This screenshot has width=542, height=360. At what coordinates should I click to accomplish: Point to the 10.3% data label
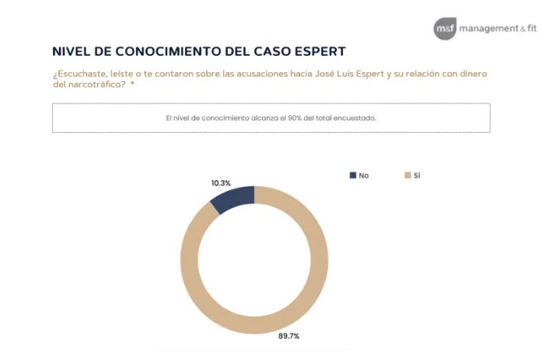[x=222, y=182]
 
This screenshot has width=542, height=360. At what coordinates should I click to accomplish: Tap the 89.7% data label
[x=288, y=336]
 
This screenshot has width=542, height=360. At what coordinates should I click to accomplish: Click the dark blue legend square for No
[x=352, y=176]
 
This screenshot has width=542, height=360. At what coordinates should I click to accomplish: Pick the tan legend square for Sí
[x=406, y=176]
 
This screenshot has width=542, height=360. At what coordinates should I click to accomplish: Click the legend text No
[x=363, y=176]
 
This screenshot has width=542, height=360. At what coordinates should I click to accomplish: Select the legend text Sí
[x=417, y=176]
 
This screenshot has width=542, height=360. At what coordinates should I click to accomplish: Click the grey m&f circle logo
[x=445, y=28]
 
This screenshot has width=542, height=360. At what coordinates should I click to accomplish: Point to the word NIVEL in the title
[x=71, y=52]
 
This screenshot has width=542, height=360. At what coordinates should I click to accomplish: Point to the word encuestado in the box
[x=357, y=118]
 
